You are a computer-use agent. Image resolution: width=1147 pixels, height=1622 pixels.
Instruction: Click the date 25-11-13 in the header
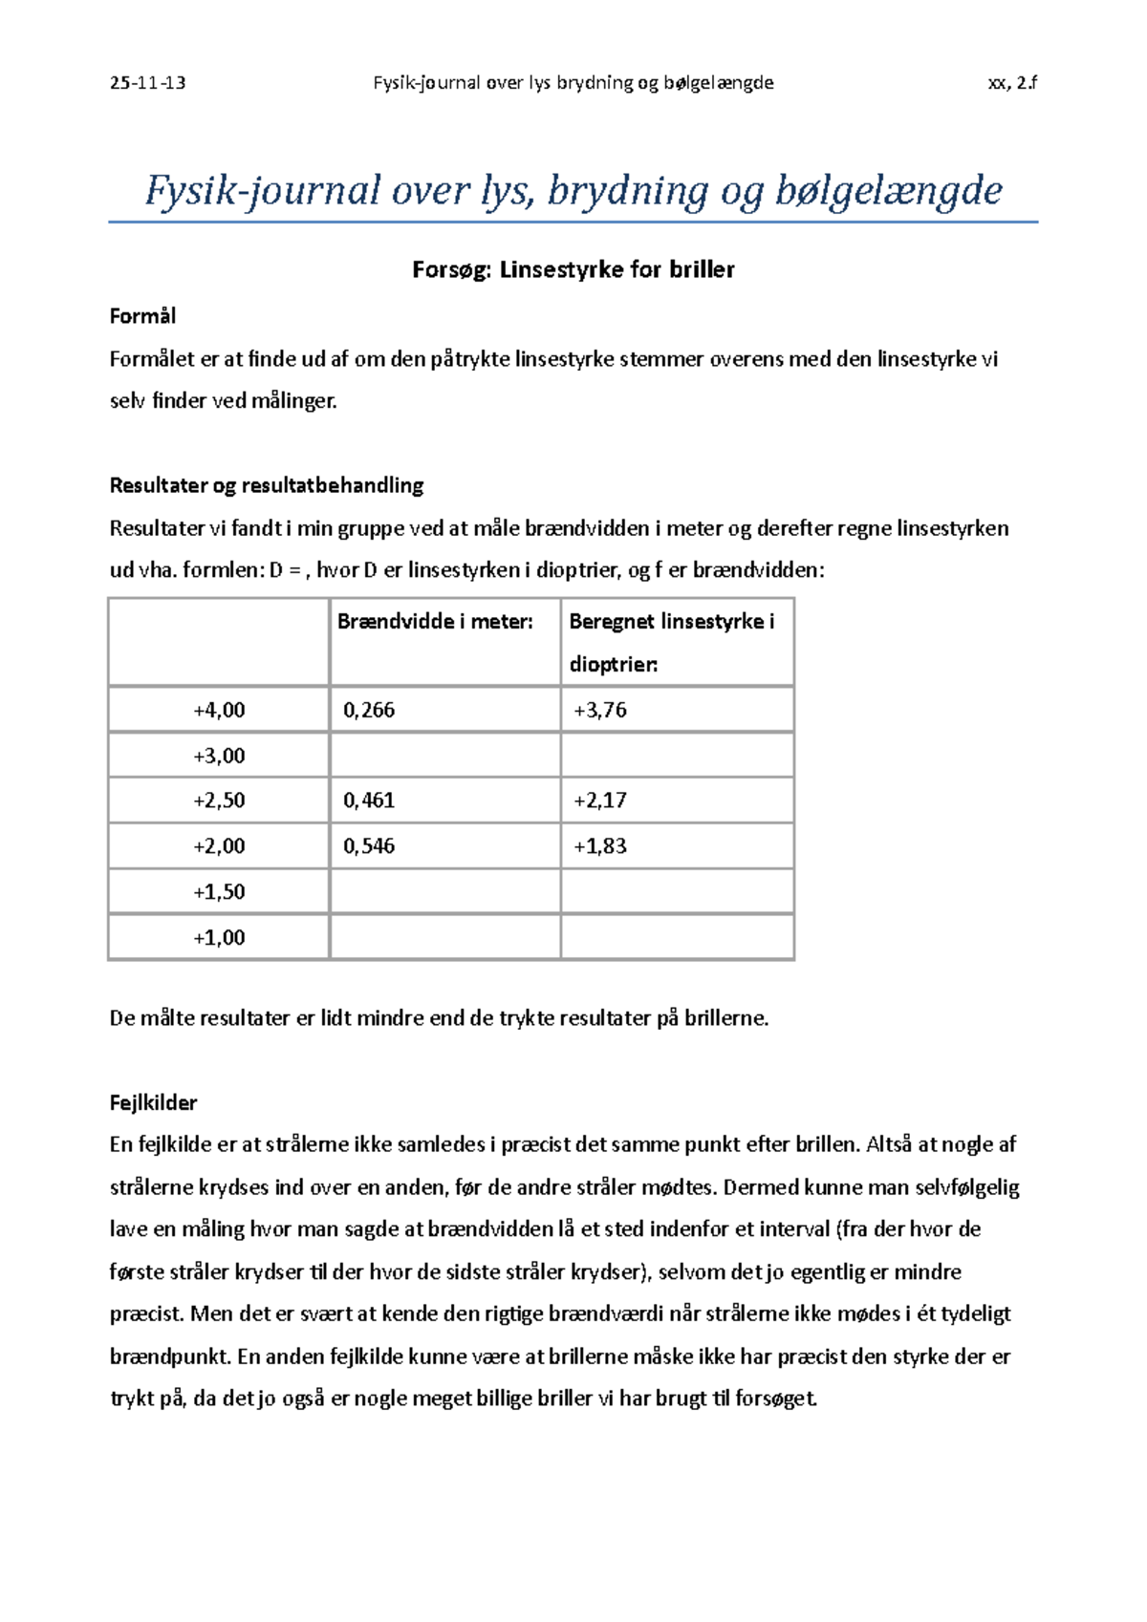(x=147, y=83)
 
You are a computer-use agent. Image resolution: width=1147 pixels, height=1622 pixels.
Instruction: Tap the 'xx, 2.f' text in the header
(x=1012, y=83)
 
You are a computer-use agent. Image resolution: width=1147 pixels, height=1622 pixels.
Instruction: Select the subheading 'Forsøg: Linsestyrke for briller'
(x=573, y=270)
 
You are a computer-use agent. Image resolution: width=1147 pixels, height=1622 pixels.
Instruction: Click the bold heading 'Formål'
(x=142, y=316)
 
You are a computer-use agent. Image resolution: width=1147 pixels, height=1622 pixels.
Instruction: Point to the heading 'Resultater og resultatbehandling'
(x=267, y=485)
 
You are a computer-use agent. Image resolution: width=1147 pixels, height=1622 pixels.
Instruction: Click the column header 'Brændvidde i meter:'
(x=435, y=622)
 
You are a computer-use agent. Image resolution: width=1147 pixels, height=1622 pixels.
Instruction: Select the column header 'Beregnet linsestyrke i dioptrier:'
(x=671, y=642)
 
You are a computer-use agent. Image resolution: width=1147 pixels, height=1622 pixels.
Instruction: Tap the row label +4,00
(x=219, y=710)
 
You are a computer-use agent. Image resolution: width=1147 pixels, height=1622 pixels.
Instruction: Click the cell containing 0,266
(x=369, y=710)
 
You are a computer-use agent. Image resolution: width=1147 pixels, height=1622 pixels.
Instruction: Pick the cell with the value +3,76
(x=600, y=710)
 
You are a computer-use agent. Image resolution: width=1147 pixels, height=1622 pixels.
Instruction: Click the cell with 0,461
(x=369, y=800)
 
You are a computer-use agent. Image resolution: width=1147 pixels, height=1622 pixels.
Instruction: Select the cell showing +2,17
(x=600, y=800)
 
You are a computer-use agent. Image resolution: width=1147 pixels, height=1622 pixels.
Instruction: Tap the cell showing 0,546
(x=369, y=846)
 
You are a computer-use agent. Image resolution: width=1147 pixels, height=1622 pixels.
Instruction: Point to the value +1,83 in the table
(x=600, y=846)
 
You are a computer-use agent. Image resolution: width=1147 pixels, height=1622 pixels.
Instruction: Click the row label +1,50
(x=219, y=892)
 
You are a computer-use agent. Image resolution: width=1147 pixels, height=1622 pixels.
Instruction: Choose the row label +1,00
(x=219, y=938)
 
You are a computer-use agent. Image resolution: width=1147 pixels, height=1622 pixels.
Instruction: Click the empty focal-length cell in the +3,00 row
(x=444, y=756)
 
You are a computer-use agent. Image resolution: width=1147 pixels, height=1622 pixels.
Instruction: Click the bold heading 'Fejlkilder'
(x=153, y=1103)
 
